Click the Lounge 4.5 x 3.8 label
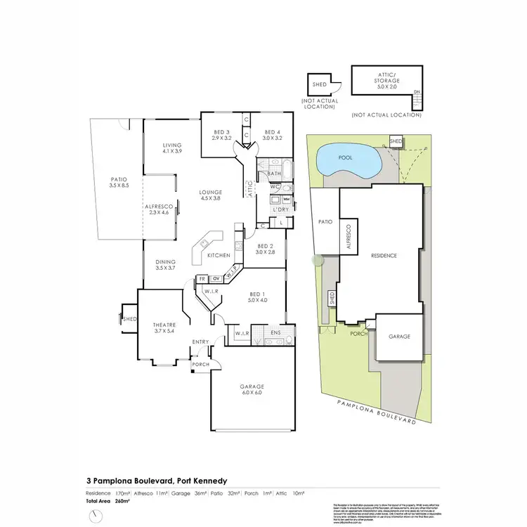coord(209,195)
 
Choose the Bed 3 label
coord(221,135)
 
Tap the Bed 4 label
coord(272,135)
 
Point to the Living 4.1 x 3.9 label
coord(172,148)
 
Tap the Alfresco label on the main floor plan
coord(160,210)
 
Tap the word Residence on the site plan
coord(384,256)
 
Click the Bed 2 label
coord(264,248)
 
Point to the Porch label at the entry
coord(202,364)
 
